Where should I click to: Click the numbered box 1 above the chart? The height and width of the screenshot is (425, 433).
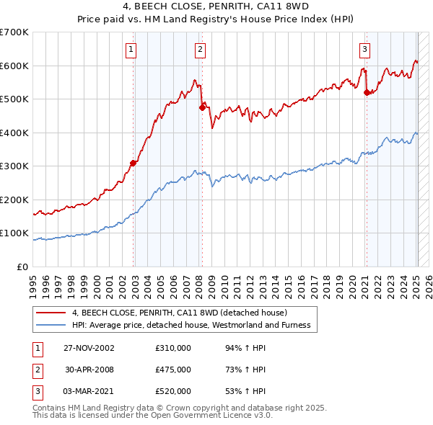[131, 50]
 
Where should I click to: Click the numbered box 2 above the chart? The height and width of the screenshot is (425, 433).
[200, 50]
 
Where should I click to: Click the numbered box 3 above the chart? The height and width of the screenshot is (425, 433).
[365, 50]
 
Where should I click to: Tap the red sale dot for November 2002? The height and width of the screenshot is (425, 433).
[134, 163]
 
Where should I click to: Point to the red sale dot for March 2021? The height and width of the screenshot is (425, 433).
[367, 92]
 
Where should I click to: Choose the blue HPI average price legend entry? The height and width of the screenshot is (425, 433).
[191, 326]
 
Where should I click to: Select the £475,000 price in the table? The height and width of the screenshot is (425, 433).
[172, 370]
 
